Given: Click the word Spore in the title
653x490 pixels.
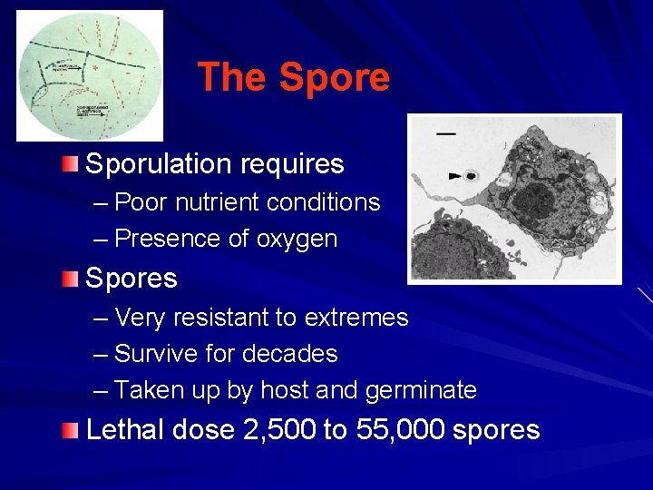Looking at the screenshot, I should click(x=335, y=77).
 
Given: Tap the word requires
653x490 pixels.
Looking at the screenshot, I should click(x=292, y=165).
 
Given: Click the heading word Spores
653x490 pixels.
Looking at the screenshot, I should click(x=131, y=278).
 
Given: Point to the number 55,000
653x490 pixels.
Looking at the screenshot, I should click(x=395, y=429).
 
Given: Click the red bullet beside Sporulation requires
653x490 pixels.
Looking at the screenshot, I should click(x=71, y=163).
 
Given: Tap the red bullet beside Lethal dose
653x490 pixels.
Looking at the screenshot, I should click(x=71, y=428).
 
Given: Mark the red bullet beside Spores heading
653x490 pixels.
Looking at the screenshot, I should click(x=71, y=277).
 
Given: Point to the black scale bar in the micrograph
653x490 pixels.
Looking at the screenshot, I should click(x=446, y=133).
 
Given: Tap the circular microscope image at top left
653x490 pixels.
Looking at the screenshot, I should click(x=90, y=75).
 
